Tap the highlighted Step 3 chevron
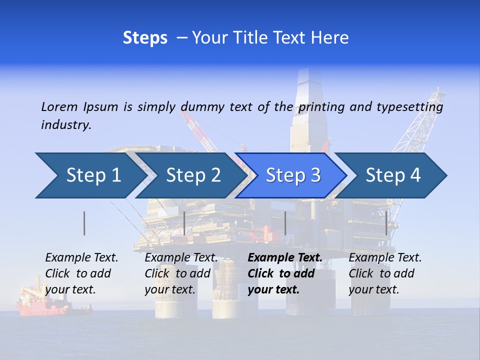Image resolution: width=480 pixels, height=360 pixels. (293, 175)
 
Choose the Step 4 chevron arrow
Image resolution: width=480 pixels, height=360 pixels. (393, 175)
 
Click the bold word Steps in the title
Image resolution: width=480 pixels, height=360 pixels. (145, 38)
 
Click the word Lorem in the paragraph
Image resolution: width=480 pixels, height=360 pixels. (59, 106)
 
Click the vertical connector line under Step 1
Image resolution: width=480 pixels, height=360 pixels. (84, 223)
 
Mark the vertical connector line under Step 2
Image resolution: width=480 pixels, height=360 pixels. (184, 223)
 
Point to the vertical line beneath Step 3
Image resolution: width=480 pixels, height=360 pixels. (285, 223)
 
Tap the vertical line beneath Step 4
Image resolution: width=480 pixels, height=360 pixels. (386, 223)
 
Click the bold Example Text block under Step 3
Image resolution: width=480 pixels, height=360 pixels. (284, 273)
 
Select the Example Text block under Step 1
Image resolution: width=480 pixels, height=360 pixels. (81, 273)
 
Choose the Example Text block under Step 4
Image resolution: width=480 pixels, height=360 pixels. (385, 273)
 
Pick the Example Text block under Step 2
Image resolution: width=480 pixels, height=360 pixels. (181, 273)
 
